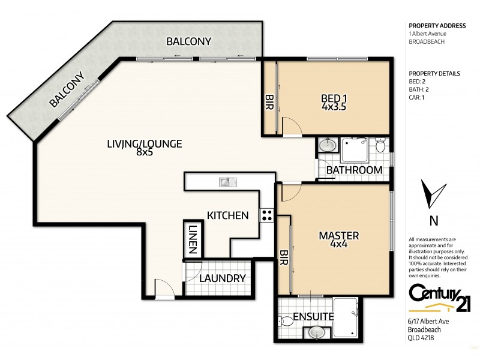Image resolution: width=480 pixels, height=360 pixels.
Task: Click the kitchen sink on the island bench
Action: click(227, 181)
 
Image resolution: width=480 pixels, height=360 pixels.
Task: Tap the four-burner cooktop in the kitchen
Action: click(266, 215)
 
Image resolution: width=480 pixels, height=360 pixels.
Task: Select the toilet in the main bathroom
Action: click(379, 146)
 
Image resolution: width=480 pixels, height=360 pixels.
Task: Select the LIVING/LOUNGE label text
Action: click(144, 148)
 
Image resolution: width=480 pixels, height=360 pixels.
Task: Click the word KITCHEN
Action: click(227, 215)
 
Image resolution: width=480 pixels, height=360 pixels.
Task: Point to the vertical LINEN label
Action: click(193, 239)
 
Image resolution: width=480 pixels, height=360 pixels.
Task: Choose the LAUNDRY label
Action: click(222, 278)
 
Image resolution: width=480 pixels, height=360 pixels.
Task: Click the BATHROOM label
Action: click(354, 170)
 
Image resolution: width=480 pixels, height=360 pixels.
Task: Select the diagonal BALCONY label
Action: click(67, 90)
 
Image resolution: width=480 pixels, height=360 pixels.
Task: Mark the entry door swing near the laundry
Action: click(163, 289)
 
